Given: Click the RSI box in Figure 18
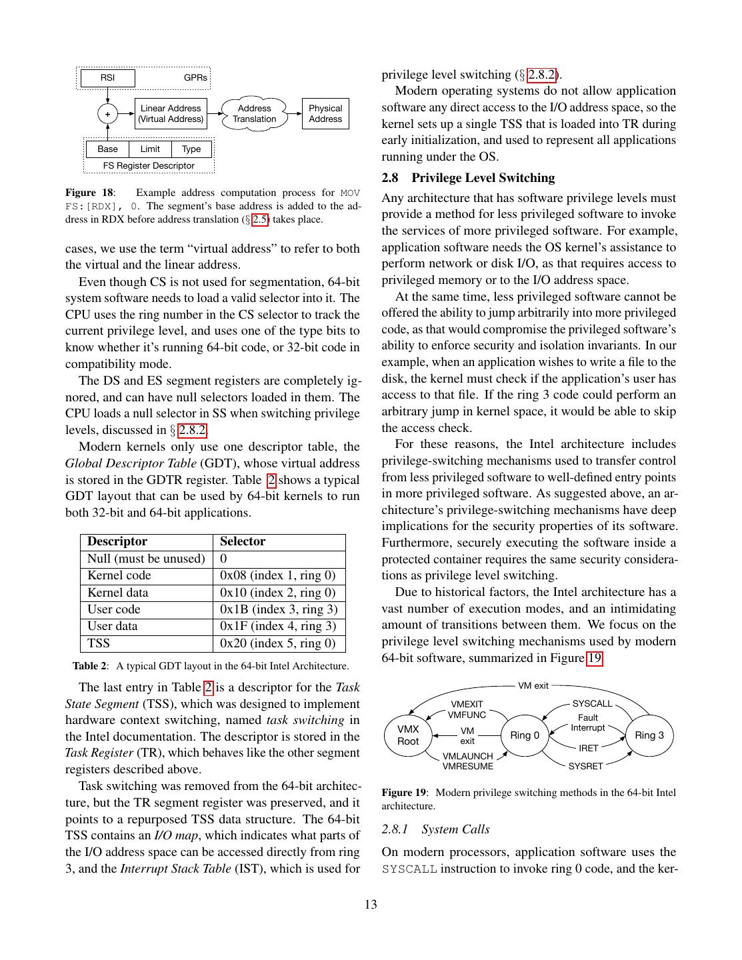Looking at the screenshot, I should [x=107, y=78].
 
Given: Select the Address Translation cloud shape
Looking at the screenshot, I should [x=254, y=114].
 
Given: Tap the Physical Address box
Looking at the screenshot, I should [x=325, y=114].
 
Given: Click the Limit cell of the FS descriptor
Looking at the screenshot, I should [x=150, y=149].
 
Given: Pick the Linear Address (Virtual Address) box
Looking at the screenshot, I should [x=171, y=114].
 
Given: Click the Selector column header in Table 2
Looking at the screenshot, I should [x=243, y=541].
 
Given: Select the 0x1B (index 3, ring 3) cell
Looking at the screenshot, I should [x=279, y=609].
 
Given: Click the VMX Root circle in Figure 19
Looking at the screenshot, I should [x=408, y=735].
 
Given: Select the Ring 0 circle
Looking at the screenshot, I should [x=525, y=735].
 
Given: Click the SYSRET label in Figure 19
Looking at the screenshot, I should [x=585, y=767].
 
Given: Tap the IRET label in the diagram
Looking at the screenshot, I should [x=588, y=749].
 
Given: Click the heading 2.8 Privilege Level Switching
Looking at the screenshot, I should [x=468, y=178].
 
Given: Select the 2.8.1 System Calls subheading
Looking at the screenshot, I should [x=435, y=829].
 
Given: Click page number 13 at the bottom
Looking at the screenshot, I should [x=371, y=905].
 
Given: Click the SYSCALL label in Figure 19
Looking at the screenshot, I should [x=592, y=704].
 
